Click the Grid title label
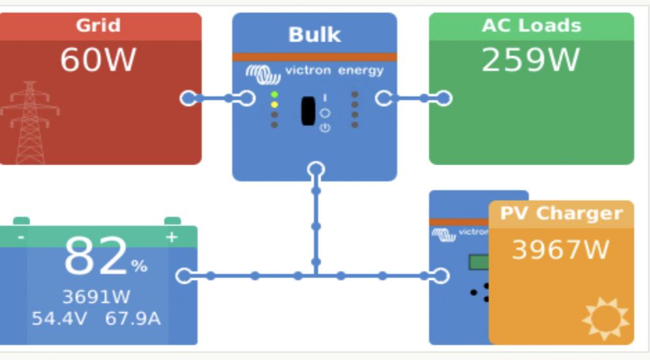pyautogui.click(x=98, y=25)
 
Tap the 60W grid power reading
pyautogui.click(x=98, y=60)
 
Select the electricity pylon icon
pyautogui.click(x=30, y=123)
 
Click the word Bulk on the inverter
pyautogui.click(x=315, y=34)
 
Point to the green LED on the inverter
pyautogui.click(x=274, y=95)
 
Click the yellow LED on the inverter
pyautogui.click(x=274, y=105)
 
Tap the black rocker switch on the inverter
pyautogui.click(x=308, y=110)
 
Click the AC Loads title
pyautogui.click(x=532, y=26)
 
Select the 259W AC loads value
pyautogui.click(x=530, y=60)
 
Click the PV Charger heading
pyautogui.click(x=562, y=214)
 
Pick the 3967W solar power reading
pyautogui.click(x=561, y=250)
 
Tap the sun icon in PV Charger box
pyautogui.click(x=606, y=318)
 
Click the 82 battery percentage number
pyautogui.click(x=96, y=256)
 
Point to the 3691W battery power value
pyautogui.click(x=96, y=296)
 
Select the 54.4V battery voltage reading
pyautogui.click(x=59, y=318)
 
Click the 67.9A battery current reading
pyautogui.click(x=133, y=318)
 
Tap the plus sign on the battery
pyautogui.click(x=172, y=237)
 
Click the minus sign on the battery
pyautogui.click(x=21, y=237)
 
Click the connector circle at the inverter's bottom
pyautogui.click(x=316, y=170)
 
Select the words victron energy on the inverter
pyautogui.click(x=335, y=70)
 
